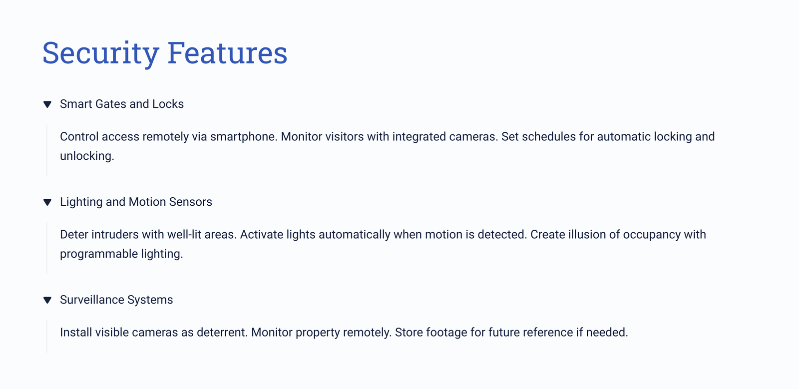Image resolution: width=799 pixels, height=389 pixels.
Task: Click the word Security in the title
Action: coord(100,53)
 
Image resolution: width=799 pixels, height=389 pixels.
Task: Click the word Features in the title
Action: coord(227,52)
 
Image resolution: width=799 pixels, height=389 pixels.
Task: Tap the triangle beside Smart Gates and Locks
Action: coord(47,104)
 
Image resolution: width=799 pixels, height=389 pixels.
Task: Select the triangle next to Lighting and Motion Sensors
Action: coord(47,202)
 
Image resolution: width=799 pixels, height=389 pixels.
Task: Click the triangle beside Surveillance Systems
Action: coord(47,300)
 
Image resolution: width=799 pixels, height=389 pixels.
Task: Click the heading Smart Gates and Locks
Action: coord(122,104)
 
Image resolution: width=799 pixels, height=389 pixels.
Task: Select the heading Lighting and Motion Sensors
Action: coord(136,202)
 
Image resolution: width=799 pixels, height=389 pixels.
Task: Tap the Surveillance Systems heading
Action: coord(116,300)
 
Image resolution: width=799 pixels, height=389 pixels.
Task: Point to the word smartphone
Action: coord(244,136)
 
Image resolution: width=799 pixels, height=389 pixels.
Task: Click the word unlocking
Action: coord(87,156)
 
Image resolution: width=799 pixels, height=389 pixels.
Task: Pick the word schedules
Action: coord(549,136)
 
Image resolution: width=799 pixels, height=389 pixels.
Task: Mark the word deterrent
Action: coord(222,332)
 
